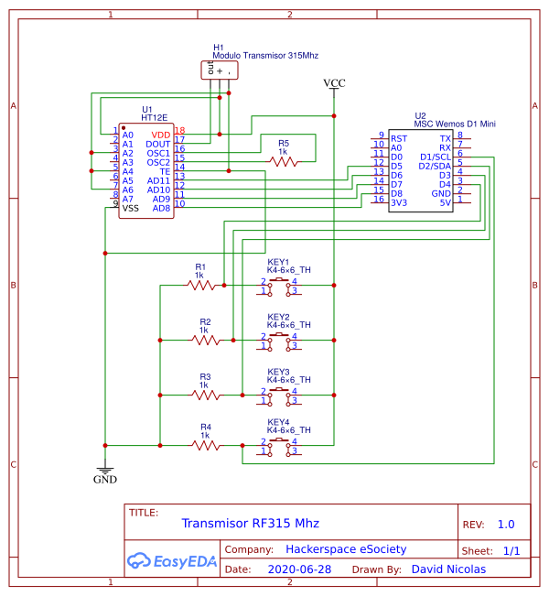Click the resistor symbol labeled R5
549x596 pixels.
284,161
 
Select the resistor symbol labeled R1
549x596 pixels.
201,285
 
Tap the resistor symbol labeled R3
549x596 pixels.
206,396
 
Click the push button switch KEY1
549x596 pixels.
278,287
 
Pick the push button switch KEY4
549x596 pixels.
278,446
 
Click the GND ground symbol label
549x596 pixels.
105,479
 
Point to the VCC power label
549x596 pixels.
335,83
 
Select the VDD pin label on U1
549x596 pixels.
160,135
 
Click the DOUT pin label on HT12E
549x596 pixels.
158,144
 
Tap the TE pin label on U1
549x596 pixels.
165,171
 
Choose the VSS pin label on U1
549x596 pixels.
131,208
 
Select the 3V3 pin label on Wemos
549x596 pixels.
398,202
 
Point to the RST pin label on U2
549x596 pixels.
398,138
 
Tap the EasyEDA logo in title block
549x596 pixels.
172,560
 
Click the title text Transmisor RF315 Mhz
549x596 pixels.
250,524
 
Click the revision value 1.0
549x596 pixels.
505,525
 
